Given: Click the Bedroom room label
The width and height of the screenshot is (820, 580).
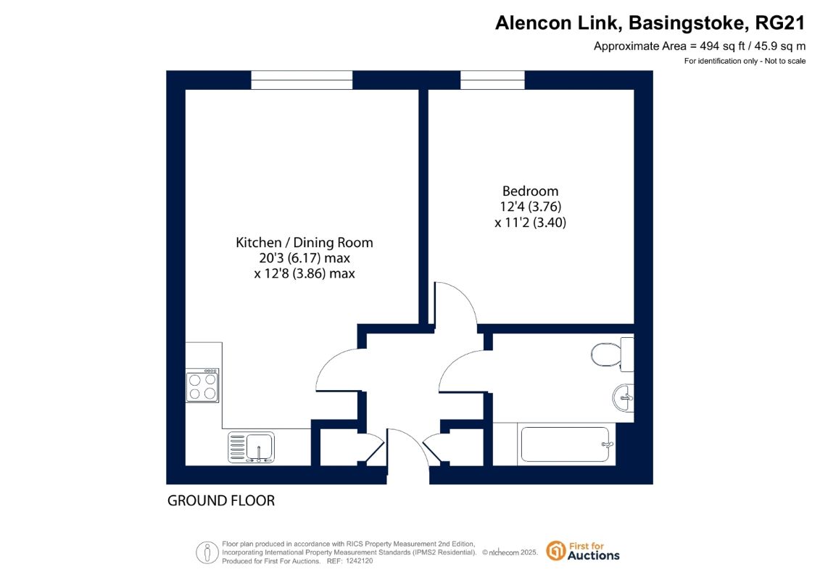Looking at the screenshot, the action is [x=530, y=191].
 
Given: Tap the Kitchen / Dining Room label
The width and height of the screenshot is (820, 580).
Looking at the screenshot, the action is [x=305, y=243].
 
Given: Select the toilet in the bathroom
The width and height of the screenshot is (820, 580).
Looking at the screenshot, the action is [x=613, y=354].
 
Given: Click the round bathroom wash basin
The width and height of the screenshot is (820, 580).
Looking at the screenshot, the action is [x=624, y=398].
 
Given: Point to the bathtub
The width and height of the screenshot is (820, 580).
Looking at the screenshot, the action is [x=565, y=444].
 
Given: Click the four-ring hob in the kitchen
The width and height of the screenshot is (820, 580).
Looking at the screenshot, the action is [x=202, y=386].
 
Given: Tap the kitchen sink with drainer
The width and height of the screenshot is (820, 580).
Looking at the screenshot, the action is [x=251, y=447].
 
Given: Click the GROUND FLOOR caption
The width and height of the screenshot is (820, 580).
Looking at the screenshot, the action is [x=220, y=500].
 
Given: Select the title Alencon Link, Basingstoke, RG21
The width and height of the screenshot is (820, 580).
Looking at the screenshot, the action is [x=650, y=23].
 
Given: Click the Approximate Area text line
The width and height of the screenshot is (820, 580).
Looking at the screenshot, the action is [x=699, y=46].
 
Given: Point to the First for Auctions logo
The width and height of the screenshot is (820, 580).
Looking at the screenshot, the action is [x=583, y=551].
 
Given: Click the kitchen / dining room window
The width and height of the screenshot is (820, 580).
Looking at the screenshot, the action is [x=302, y=80].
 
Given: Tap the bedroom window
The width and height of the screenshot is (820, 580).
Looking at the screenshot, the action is [x=492, y=80].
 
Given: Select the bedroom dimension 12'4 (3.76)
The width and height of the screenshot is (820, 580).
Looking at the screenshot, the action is [x=530, y=207].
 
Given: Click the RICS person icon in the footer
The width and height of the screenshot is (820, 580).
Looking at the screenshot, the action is [x=207, y=552].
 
